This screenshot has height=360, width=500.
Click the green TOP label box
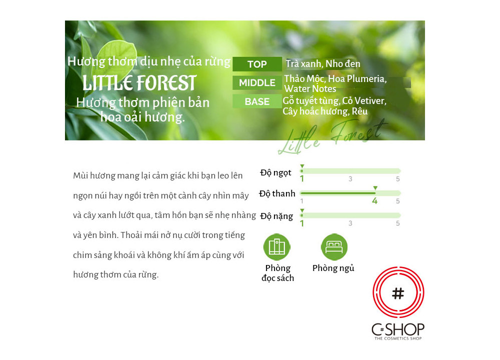[257, 64]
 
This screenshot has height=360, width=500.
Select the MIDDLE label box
[257, 83]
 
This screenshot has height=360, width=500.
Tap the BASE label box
[257, 101]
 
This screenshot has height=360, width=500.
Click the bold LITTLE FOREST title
[139, 83]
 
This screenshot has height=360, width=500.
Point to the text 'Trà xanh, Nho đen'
[322, 64]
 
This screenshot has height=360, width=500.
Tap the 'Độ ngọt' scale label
[275, 173]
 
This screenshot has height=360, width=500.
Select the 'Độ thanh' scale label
[277, 193]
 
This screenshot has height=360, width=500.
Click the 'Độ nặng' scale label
[276, 216]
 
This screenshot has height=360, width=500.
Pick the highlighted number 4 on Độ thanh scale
[374, 201]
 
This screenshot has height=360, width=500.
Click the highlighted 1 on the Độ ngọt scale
[302, 179]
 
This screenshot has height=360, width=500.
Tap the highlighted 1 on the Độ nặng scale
[302, 223]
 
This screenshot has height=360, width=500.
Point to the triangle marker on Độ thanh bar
[375, 188]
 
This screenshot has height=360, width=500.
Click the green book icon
[277, 247]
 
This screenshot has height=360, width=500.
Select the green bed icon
[334, 247]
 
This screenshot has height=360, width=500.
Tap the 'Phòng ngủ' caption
[333, 268]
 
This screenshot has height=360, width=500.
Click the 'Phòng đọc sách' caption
[277, 273]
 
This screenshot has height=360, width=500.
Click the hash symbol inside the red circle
[398, 293]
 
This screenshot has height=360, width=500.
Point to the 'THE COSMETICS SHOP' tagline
[398, 338]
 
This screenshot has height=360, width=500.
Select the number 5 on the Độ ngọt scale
[397, 179]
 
